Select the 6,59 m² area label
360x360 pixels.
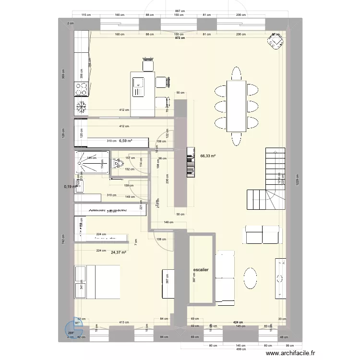tap(125, 141)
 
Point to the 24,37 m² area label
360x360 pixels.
tap(118, 252)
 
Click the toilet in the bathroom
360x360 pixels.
tap(116, 164)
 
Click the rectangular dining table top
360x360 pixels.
tap(236, 106)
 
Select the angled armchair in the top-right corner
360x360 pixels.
tap(275, 42)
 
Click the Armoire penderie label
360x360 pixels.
tap(107, 210)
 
